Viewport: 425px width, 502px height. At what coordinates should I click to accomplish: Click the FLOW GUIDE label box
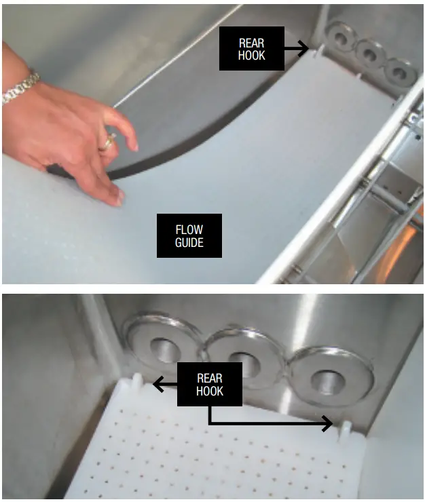pyautogui.click(x=189, y=235)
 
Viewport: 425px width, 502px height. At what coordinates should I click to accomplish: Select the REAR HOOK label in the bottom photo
pyautogui.click(x=209, y=384)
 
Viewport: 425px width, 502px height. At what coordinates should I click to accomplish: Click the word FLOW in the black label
pyautogui.click(x=189, y=229)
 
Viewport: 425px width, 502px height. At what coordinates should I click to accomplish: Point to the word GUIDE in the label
pyautogui.click(x=189, y=242)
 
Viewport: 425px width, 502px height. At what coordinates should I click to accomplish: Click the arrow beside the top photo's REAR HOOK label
pyautogui.click(x=296, y=48)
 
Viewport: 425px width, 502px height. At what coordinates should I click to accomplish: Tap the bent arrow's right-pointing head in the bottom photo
pyautogui.click(x=327, y=425)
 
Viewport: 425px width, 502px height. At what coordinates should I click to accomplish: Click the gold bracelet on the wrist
pyautogui.click(x=18, y=88)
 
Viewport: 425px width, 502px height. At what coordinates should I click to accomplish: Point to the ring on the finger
pyautogui.click(x=107, y=142)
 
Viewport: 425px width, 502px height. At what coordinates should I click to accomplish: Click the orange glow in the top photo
pyautogui.click(x=411, y=242)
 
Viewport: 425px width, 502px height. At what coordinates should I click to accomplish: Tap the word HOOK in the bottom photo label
pyautogui.click(x=209, y=391)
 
